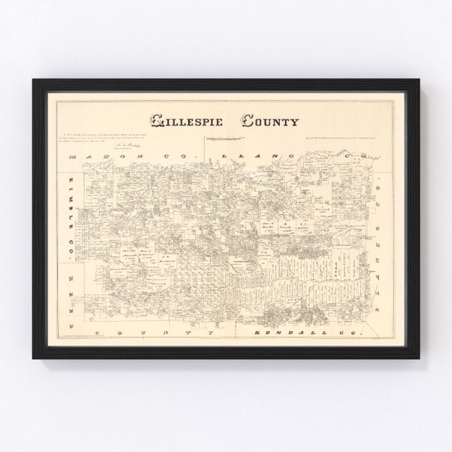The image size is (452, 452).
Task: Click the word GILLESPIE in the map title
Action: [x=188, y=121]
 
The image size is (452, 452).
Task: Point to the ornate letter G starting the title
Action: [x=157, y=121]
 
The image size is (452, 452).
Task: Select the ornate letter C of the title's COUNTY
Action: [x=247, y=121]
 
